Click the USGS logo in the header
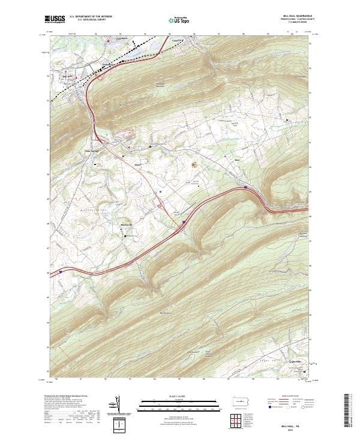coord(55,19)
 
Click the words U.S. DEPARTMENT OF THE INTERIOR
coord(91,17)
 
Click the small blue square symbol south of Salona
coord(161,192)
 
